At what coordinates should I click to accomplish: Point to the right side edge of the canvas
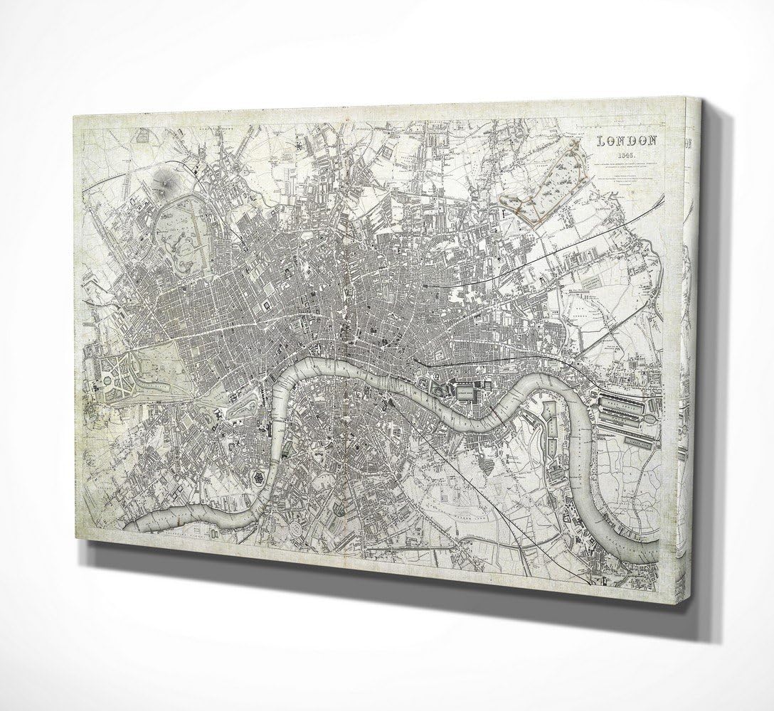pyautogui.click(x=688, y=355)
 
